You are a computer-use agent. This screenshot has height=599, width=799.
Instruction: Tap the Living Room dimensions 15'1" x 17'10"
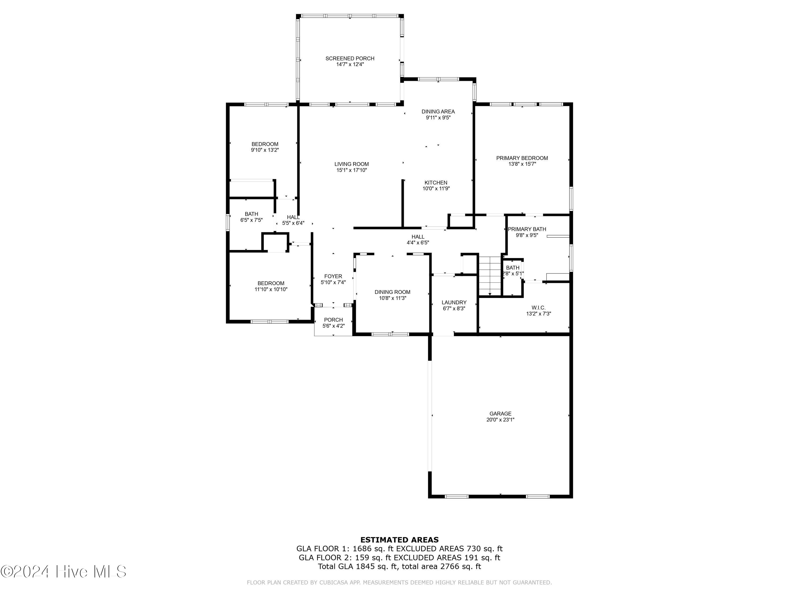pos(352,170)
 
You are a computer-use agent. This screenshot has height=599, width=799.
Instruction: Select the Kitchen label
pos(436,183)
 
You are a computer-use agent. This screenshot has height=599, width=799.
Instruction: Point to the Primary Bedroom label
pos(521,158)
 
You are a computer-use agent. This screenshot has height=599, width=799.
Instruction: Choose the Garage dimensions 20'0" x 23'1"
pos(500,420)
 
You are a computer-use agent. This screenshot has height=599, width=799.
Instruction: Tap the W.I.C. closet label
pos(538,308)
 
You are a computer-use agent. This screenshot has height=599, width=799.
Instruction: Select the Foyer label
pos(333,277)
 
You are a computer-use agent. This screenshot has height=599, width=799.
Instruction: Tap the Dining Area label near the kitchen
pos(438,112)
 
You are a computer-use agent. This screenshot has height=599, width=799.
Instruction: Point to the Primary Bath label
pos(527,229)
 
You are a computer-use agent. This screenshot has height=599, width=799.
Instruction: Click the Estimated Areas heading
pos(399,540)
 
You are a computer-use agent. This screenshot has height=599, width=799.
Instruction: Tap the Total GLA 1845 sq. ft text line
pos(399,567)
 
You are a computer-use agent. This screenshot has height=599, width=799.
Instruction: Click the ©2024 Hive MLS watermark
pos(64,572)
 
